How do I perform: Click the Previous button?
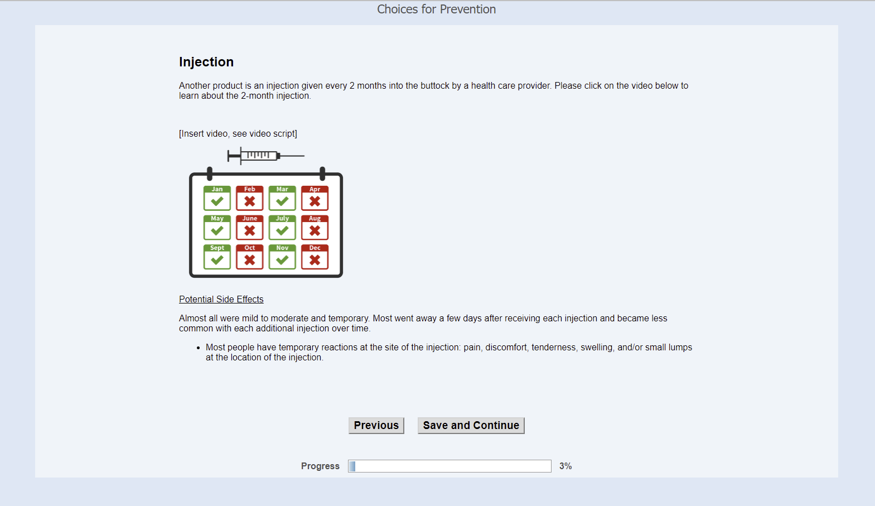(376, 425)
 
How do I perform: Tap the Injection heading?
(206, 62)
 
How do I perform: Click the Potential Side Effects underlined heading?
(221, 299)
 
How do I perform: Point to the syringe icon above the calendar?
(265, 156)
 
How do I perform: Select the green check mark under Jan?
(217, 201)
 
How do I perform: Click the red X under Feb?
(250, 201)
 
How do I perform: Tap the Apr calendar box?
(315, 198)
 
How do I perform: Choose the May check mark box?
(217, 228)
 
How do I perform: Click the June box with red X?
(250, 228)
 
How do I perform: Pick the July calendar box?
(282, 228)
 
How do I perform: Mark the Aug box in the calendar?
(315, 228)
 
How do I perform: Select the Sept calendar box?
(217, 257)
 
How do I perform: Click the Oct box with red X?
(250, 257)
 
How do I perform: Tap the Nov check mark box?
(282, 257)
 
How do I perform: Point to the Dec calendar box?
(315, 257)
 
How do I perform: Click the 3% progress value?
(565, 466)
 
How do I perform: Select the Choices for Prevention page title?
(436, 9)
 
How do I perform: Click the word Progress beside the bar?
(320, 466)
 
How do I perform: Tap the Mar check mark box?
(282, 198)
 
